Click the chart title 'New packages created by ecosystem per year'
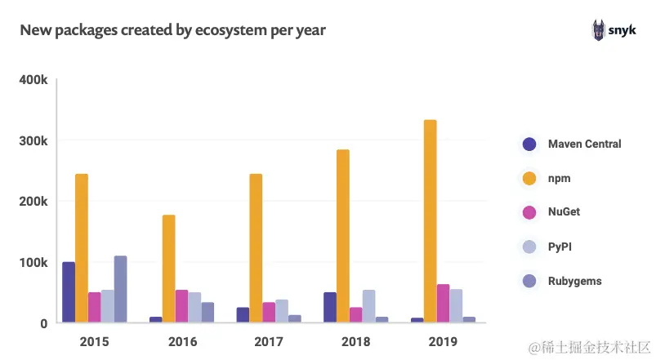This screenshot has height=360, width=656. pyautogui.click(x=172, y=31)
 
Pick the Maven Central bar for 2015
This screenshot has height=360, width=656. pyautogui.click(x=69, y=291)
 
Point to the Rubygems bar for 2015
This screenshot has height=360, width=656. pyautogui.click(x=120, y=289)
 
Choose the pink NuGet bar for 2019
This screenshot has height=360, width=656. pyautogui.click(x=443, y=303)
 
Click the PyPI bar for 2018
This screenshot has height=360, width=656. pyautogui.click(x=368, y=305)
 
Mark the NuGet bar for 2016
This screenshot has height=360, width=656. pyautogui.click(x=181, y=305)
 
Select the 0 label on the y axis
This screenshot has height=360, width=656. pyautogui.click(x=44, y=323)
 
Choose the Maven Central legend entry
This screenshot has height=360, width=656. pyautogui.click(x=572, y=144)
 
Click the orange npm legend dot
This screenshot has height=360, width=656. pyautogui.click(x=529, y=178)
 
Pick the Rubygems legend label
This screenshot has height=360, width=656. pyautogui.click(x=575, y=281)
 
